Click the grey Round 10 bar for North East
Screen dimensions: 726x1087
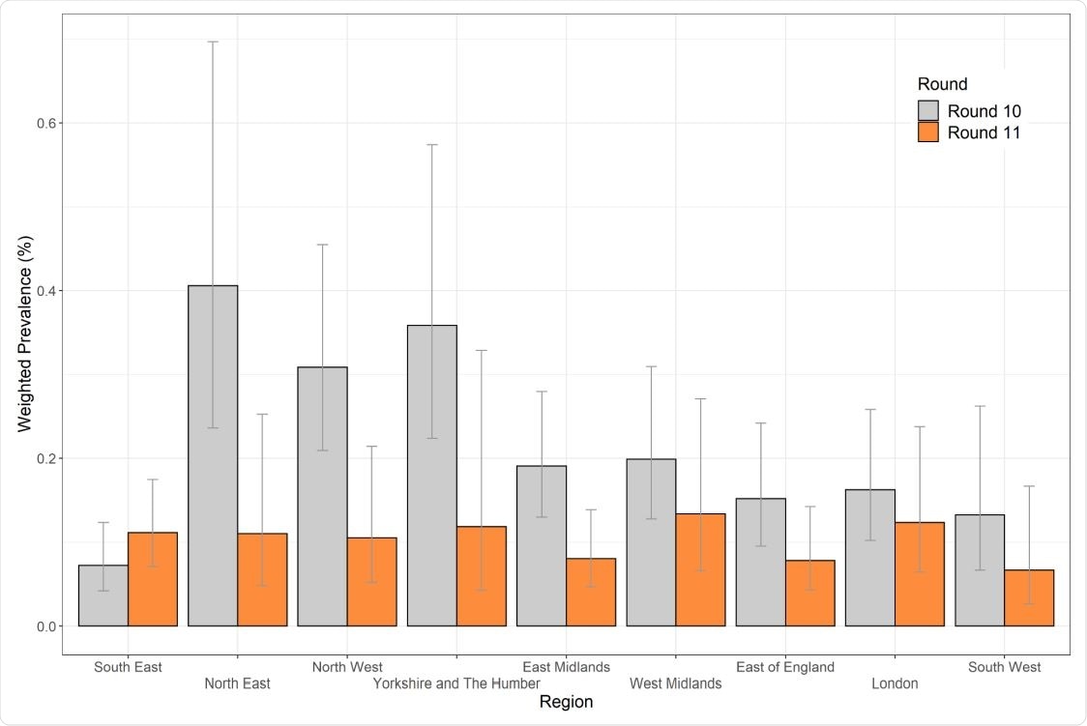(x=213, y=455)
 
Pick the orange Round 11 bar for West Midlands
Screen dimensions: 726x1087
(x=701, y=569)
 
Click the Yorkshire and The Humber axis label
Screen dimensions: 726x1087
(x=456, y=684)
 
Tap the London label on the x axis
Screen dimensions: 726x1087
(x=895, y=684)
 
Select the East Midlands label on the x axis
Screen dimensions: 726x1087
(x=566, y=667)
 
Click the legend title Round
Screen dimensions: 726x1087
(x=942, y=85)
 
